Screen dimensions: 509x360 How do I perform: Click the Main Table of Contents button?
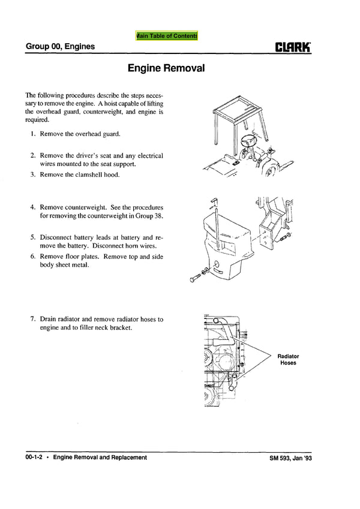(x=167, y=36)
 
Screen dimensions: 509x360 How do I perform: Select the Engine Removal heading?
(x=166, y=68)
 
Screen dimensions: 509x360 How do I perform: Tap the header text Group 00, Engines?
(x=60, y=46)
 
